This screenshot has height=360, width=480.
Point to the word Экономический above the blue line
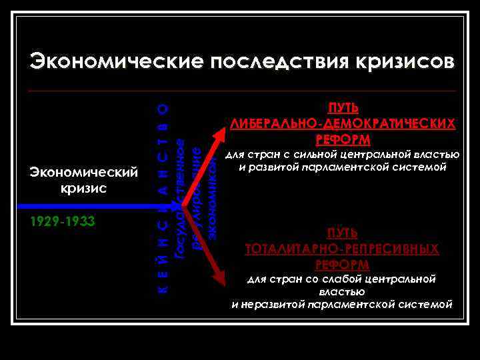click(83, 173)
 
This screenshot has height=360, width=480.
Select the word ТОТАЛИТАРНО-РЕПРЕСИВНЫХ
click(343, 249)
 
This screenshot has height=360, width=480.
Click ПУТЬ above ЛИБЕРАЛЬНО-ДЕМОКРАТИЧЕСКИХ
click(343, 109)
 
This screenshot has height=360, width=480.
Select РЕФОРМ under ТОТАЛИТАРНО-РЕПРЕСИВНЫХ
click(343, 265)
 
